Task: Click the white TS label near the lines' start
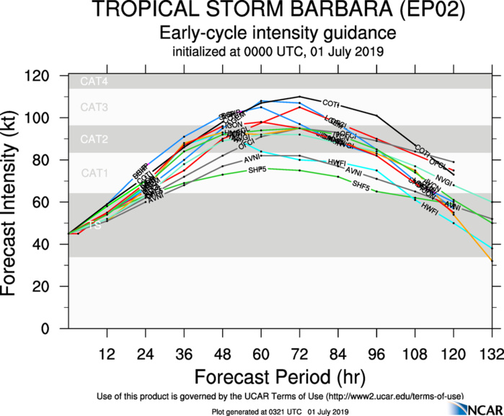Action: coord(94,226)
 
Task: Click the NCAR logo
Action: coord(473,409)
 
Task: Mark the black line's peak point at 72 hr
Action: coord(299,97)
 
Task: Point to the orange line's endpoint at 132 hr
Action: coord(492,260)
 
